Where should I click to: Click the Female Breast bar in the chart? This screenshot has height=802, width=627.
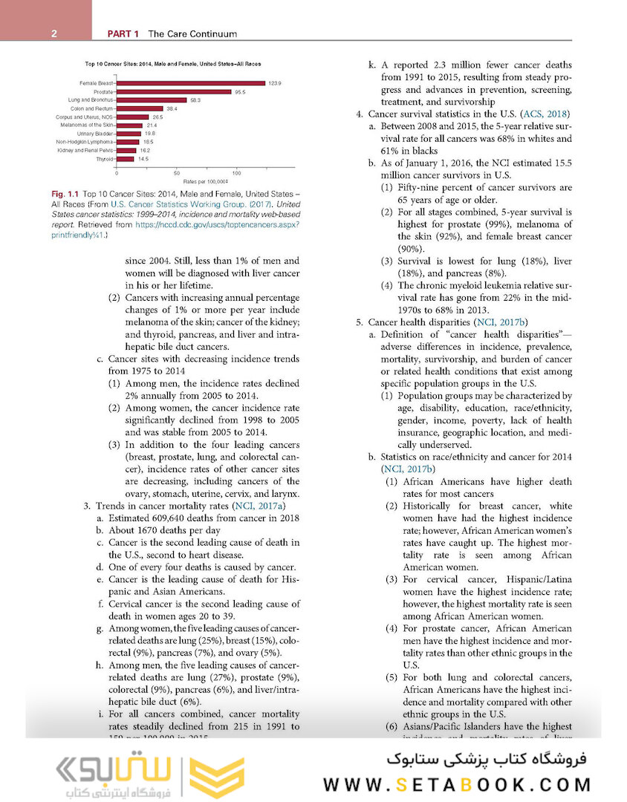pos(190,82)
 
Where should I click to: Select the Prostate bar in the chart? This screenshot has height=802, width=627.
pos(174,91)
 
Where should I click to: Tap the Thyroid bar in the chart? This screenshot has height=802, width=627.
pos(125,159)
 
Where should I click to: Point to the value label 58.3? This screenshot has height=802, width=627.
pos(195,100)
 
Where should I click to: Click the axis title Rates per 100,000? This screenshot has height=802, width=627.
pos(204,180)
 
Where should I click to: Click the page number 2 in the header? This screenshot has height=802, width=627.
pos(55,33)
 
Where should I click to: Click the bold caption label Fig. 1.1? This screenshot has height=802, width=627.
pos(66,194)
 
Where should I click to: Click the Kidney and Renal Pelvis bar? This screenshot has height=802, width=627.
pos(126,150)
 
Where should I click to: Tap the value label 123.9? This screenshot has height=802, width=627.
pos(276,83)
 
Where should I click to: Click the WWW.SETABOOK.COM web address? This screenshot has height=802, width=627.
pos(458,785)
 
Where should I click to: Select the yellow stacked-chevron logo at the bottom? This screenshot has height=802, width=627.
pos(214,777)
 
